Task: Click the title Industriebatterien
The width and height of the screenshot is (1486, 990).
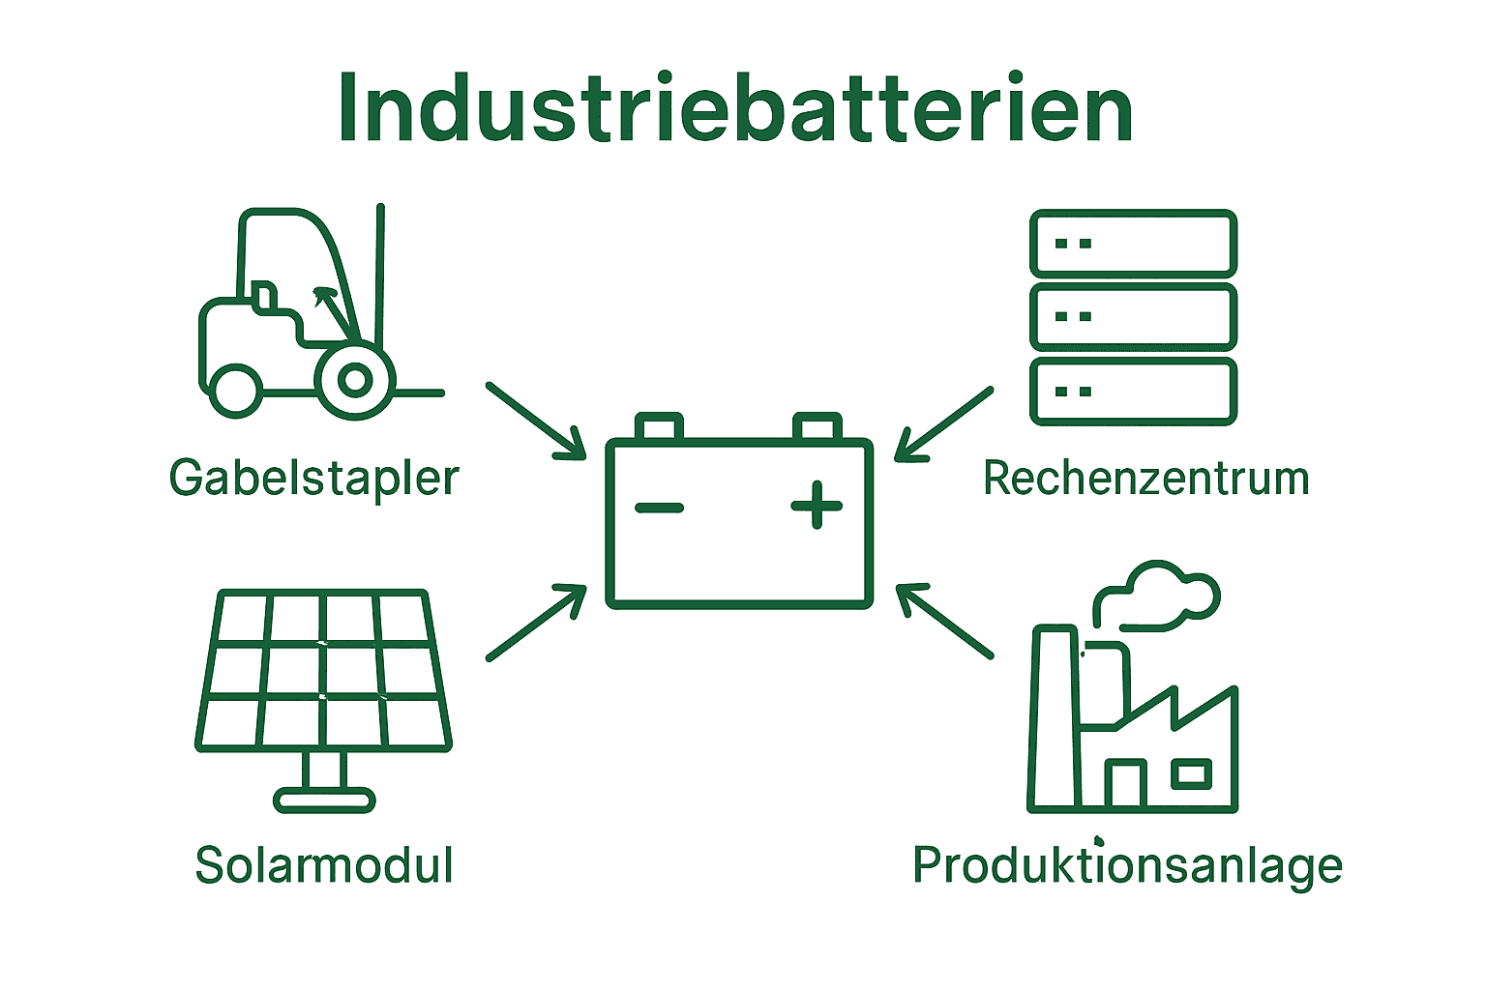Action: (x=735, y=108)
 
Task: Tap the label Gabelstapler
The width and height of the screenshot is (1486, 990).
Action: (x=313, y=478)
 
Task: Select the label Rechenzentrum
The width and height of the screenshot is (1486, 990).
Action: (x=1145, y=478)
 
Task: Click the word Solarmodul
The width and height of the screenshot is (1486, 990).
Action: (x=324, y=864)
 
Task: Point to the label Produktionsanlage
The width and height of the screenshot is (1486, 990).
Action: (x=1127, y=864)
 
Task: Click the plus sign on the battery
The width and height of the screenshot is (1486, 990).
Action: (x=817, y=505)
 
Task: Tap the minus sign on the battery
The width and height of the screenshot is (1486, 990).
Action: (x=660, y=507)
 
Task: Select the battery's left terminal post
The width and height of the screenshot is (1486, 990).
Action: (x=659, y=426)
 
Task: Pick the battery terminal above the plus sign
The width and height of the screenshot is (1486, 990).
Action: (x=817, y=426)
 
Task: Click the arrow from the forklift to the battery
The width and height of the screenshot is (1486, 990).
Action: (x=537, y=421)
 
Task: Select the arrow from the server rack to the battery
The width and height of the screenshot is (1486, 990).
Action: (x=943, y=423)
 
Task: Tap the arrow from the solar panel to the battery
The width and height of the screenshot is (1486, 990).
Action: (x=537, y=622)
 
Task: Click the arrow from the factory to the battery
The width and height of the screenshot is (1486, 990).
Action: (x=944, y=621)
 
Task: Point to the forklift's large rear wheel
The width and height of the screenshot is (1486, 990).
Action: (x=355, y=380)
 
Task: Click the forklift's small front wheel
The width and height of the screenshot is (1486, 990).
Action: (x=235, y=389)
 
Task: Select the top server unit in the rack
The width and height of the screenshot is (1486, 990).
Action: (x=1133, y=244)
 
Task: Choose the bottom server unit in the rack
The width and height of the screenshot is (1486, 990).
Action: (x=1133, y=392)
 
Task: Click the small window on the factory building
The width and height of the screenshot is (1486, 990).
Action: (x=1191, y=773)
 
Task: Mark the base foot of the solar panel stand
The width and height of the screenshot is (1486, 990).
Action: (x=324, y=800)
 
